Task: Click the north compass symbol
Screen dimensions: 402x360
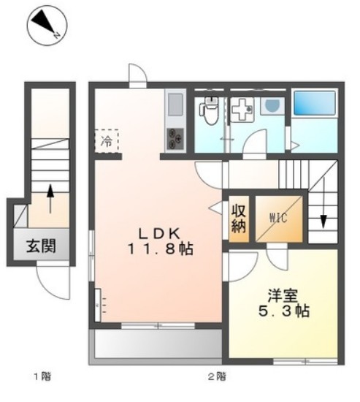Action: click(45, 23)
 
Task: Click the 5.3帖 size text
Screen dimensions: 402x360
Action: click(283, 312)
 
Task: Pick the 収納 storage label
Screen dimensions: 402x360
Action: click(239, 217)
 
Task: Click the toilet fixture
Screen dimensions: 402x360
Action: click(209, 110)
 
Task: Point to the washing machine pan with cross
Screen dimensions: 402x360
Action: click(242, 110)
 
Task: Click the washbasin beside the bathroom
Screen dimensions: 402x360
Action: click(272, 107)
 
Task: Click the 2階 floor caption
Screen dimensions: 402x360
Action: click(216, 377)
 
